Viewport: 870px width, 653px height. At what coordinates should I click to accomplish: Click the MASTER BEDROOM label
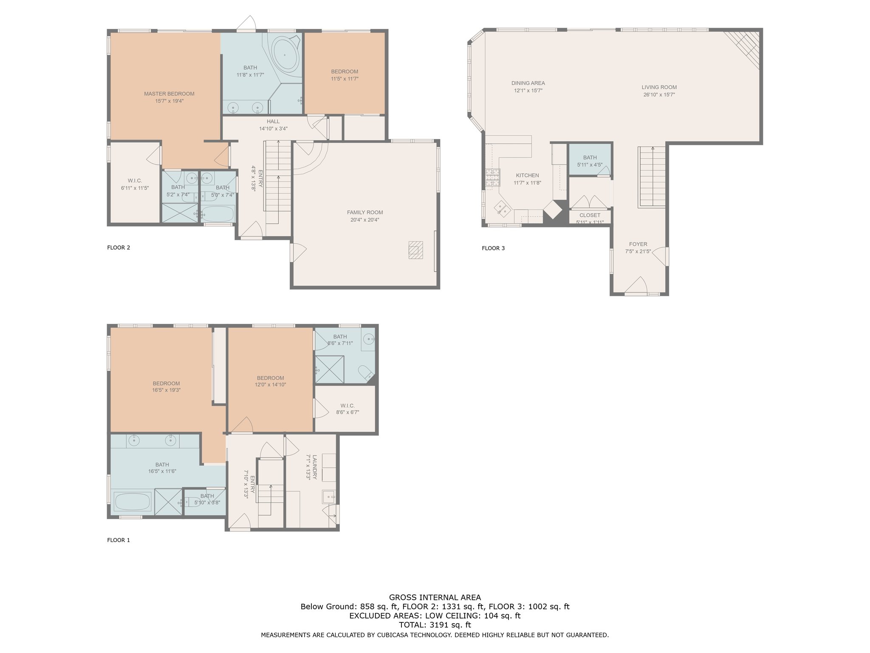click(x=169, y=94)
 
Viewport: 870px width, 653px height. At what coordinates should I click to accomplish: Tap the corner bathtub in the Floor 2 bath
click(x=285, y=55)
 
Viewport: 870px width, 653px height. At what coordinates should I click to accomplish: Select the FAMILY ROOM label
click(x=365, y=213)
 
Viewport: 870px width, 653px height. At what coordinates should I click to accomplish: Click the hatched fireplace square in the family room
click(x=416, y=250)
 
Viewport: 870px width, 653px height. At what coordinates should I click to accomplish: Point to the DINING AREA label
click(x=528, y=83)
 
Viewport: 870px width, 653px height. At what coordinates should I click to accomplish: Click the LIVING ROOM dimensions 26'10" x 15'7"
click(x=659, y=95)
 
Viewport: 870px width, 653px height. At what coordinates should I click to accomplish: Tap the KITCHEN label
click(x=528, y=176)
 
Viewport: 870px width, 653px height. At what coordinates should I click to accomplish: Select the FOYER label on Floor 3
click(x=638, y=244)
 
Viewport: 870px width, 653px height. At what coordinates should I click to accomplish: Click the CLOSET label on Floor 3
click(x=590, y=216)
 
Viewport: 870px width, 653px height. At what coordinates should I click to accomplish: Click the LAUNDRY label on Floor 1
click(x=315, y=467)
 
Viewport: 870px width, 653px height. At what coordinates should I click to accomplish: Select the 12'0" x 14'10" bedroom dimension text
click(x=270, y=385)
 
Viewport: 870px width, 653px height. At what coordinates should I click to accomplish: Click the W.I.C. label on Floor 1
click(x=347, y=406)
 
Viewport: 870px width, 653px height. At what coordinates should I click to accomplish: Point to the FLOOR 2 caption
click(x=119, y=247)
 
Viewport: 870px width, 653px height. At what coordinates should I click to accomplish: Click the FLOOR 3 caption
click(x=493, y=248)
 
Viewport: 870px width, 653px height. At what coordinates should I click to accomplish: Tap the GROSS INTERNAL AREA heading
click(x=435, y=597)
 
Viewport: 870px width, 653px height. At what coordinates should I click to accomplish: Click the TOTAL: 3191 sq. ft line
click(x=435, y=625)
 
